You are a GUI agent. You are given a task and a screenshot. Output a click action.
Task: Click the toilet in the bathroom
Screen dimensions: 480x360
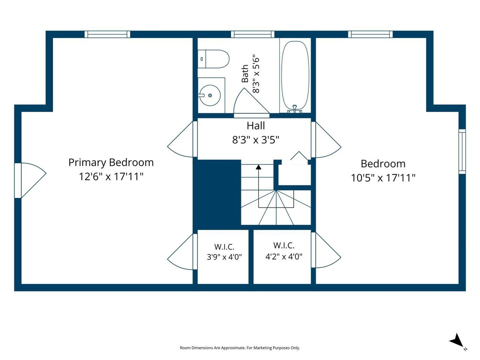click(213, 59)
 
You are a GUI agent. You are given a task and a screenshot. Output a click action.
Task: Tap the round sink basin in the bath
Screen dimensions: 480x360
click(210, 95)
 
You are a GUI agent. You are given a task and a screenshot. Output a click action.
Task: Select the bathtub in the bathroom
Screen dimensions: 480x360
click(295, 75)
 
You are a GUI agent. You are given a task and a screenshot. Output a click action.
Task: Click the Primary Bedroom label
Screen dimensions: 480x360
click(111, 163)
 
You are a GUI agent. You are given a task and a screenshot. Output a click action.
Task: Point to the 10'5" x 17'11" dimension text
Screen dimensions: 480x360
click(383, 178)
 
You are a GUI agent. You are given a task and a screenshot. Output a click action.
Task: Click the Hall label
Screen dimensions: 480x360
click(256, 126)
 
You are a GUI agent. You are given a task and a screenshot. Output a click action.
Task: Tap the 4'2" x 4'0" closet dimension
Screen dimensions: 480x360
click(284, 256)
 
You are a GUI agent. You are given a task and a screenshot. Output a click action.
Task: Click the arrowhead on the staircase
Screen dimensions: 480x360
click(259, 167)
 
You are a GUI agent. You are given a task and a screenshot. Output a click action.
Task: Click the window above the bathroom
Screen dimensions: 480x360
click(253, 34)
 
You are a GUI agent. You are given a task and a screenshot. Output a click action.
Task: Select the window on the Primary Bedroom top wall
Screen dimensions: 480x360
click(107, 34)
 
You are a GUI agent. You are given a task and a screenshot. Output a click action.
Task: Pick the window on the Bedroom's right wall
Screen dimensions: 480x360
click(462, 152)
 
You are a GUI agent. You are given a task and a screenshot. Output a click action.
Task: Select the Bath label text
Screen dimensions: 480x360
click(245, 74)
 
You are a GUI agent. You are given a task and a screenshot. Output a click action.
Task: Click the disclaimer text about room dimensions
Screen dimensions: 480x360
click(240, 348)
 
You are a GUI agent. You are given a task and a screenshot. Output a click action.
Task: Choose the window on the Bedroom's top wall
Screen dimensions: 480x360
click(370, 34)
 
